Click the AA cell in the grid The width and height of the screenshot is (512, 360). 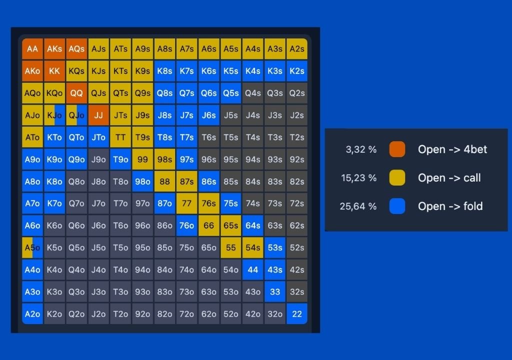point(32,49)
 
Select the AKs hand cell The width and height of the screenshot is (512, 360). point(54,49)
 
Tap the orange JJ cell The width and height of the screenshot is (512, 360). point(98,115)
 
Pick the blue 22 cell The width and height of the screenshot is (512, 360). point(297,313)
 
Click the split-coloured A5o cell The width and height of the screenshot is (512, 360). point(32,247)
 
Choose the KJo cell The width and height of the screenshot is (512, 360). point(54,115)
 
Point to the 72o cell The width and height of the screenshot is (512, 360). point(186,313)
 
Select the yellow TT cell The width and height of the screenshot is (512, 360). point(120,137)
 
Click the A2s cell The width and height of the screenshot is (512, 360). point(297,49)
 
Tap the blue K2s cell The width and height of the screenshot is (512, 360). point(297,71)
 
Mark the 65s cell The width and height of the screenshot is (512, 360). point(231,225)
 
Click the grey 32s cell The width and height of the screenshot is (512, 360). point(297,291)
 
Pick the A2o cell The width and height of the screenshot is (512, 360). point(32,313)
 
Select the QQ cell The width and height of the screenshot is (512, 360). point(76,93)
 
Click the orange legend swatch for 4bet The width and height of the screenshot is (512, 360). point(397,149)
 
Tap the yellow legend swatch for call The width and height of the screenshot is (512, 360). point(397,177)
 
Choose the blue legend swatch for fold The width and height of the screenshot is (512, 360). point(397,206)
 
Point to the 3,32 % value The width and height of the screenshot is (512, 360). point(361,149)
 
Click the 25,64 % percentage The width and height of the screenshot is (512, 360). point(358,206)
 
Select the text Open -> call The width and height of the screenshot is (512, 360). point(449,177)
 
